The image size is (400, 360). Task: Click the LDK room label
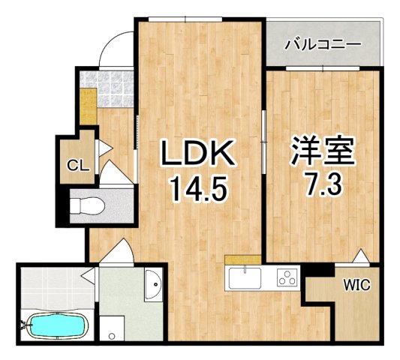point(197,154)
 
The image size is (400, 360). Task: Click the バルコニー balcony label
point(323,44)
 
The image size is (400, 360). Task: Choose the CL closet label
point(78,166)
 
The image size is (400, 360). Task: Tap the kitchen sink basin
point(245,278)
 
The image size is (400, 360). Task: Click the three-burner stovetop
point(288,277)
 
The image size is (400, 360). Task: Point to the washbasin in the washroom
point(154,284)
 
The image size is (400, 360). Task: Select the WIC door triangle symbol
point(361,256)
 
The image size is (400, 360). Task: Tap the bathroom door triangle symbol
point(89,276)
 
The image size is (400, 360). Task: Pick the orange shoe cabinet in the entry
point(89,106)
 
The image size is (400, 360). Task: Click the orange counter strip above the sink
point(243,259)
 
